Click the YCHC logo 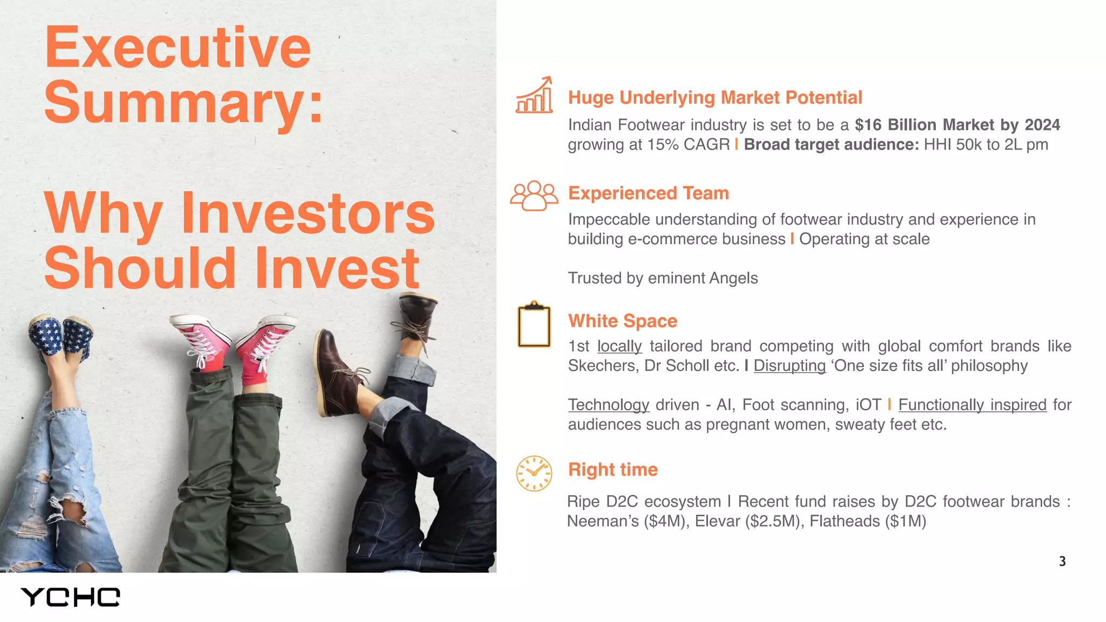click(70, 597)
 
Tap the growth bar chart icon click(534, 96)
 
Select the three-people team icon click(534, 195)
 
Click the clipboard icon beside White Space click(534, 324)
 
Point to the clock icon click(534, 473)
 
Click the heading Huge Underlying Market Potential click(714, 98)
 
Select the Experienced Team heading click(648, 193)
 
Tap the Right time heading click(612, 469)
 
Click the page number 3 click(1062, 562)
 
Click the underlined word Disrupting click(789, 366)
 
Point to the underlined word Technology click(608, 405)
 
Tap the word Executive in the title click(178, 48)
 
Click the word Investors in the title click(308, 214)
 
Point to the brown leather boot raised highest click(417, 313)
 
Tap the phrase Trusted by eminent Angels click(663, 278)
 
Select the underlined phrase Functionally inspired click(972, 405)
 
